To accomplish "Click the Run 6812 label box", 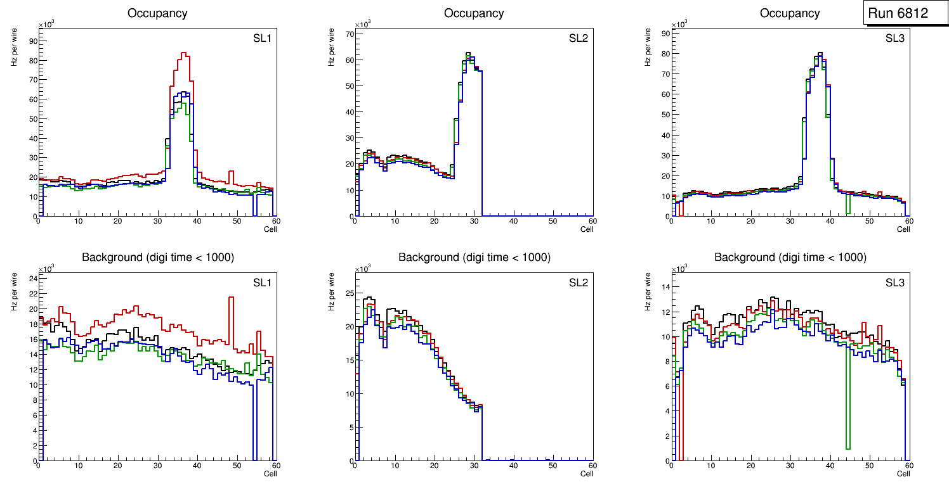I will tap(898, 13).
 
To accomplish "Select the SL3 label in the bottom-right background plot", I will tap(894, 282).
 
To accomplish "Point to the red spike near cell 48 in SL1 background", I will tap(231, 297).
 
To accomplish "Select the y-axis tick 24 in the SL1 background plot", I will tap(31, 278).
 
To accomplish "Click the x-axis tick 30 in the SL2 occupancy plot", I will tap(474, 221).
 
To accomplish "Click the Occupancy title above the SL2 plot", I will tap(474, 13).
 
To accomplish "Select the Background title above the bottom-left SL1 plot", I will tap(158, 257).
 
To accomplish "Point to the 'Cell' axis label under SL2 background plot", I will tap(587, 474).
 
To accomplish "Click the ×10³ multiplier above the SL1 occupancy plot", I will tap(46, 25).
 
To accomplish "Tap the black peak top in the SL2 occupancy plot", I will tap(468, 53).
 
